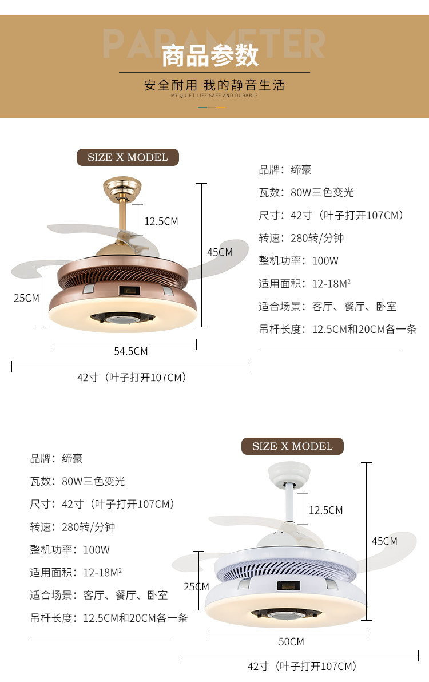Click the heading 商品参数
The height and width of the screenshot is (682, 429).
click(x=210, y=56)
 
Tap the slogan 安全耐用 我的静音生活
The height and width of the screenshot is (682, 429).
click(x=214, y=86)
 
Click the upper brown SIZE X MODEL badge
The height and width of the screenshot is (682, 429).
click(x=128, y=157)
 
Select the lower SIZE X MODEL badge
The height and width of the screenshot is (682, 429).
click(x=292, y=446)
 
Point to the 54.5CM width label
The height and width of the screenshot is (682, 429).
click(x=130, y=351)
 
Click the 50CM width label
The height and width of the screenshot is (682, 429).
click(x=291, y=642)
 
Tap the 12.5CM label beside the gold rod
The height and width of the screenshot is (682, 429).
click(x=161, y=221)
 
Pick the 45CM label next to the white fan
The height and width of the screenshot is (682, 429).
click(x=384, y=541)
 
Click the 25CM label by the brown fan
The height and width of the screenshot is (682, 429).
click(x=26, y=298)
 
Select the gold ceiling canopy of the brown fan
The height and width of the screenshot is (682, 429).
click(x=122, y=188)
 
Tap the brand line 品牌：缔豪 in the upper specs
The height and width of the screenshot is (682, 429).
click(x=285, y=170)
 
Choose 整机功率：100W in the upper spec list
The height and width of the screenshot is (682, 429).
click(x=299, y=261)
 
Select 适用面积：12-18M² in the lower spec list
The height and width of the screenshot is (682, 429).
click(x=76, y=573)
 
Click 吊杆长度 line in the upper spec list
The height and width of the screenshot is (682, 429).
click(x=337, y=330)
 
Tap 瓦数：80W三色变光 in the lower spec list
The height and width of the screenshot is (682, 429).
click(x=77, y=481)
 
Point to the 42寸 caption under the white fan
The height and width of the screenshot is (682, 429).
click(x=302, y=667)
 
